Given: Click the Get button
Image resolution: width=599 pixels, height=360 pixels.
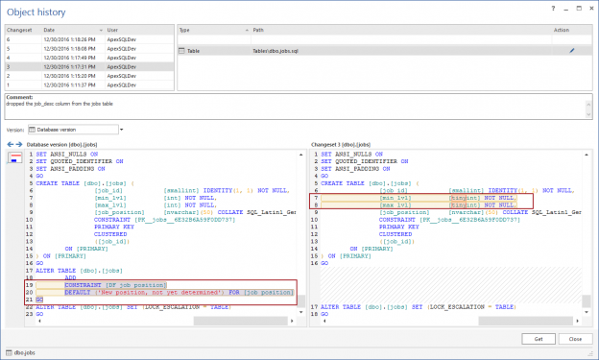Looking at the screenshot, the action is pyautogui.click(x=539, y=339).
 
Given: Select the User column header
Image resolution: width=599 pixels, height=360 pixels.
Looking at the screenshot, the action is pyautogui.click(x=113, y=30).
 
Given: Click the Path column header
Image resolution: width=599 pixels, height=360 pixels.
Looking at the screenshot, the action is pyautogui.click(x=231, y=30).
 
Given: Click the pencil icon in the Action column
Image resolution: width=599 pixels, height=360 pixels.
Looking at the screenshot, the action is pyautogui.click(x=573, y=48).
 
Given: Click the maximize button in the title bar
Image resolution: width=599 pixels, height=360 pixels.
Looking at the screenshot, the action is pyautogui.click(x=570, y=9).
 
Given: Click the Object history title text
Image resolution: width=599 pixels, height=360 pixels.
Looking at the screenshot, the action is pyautogui.click(x=34, y=10).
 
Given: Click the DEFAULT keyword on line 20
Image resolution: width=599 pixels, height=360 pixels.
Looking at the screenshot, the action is pyautogui.click(x=80, y=291).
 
